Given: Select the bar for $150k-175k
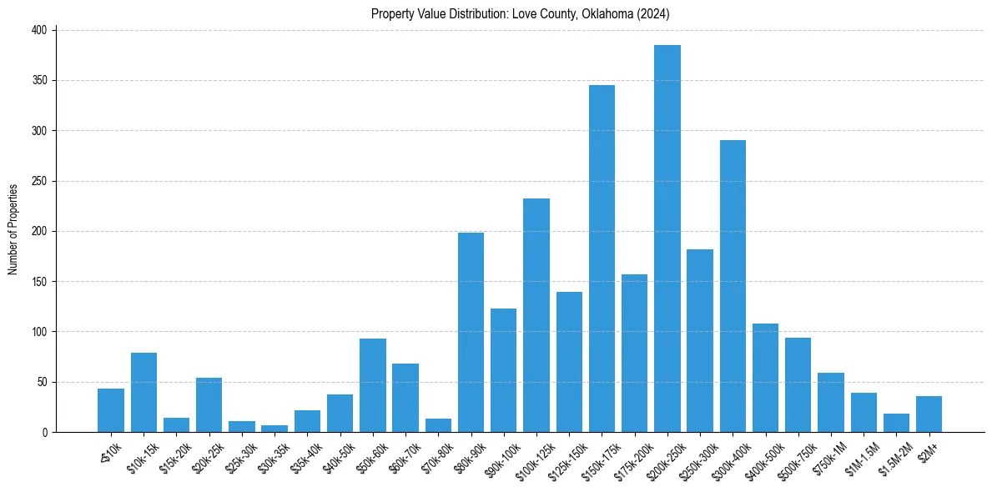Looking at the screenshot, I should point(602,259).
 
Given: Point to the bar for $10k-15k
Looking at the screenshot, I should point(144,392).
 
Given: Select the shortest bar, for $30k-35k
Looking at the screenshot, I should point(274,429).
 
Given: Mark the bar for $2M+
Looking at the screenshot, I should point(929,414).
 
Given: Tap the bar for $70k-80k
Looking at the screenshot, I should point(438,425).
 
